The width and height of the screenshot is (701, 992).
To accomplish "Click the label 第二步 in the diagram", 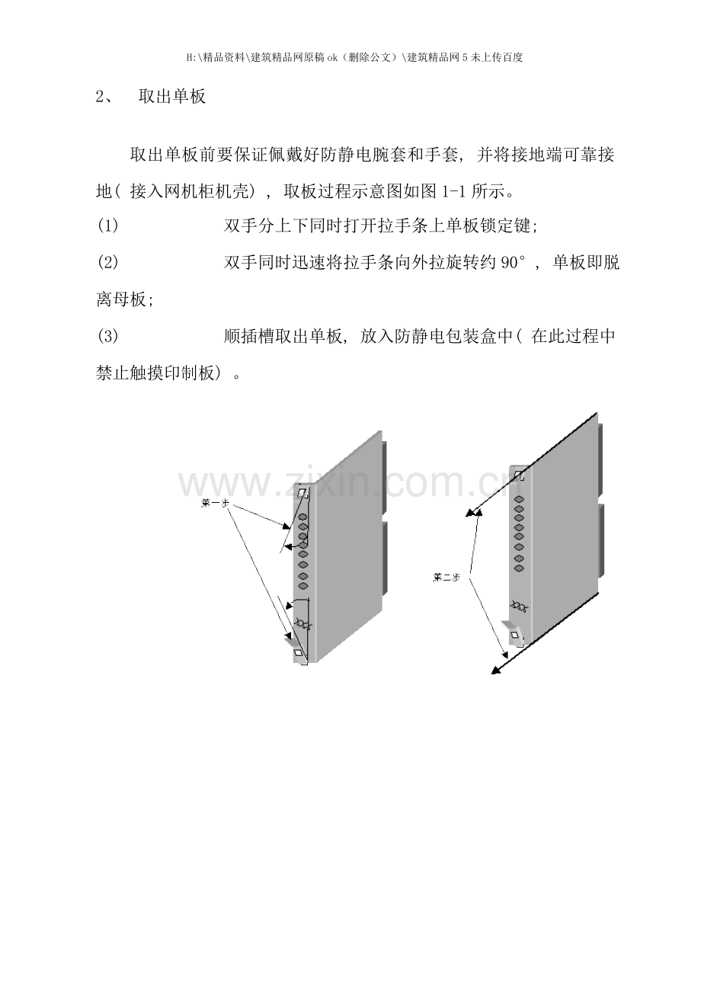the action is (x=447, y=577).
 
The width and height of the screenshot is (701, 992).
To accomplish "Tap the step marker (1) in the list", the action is (x=107, y=226).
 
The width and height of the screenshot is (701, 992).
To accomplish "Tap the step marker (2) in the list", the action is (x=107, y=263).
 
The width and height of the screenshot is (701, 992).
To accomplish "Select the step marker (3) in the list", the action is (x=107, y=337).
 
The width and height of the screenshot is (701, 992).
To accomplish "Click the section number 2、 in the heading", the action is (x=105, y=97).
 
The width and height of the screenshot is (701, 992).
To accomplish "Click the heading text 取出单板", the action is (x=172, y=97).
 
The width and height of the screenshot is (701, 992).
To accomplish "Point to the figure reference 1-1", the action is (x=455, y=192).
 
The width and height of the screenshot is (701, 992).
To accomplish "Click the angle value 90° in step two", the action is (x=513, y=263).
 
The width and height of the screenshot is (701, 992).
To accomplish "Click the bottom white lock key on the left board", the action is (x=298, y=653).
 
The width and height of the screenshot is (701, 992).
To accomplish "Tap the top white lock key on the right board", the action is (x=517, y=475).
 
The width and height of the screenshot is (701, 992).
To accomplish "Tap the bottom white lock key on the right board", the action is (x=514, y=635).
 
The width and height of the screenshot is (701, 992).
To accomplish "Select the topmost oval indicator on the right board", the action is (x=519, y=500).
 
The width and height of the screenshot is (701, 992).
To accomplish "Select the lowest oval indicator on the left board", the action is (x=303, y=586).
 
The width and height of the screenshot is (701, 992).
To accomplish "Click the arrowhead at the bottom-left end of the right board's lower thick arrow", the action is (x=496, y=670).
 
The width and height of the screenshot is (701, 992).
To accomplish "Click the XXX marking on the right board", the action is (x=517, y=605).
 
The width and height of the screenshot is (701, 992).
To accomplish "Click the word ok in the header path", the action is (x=332, y=57).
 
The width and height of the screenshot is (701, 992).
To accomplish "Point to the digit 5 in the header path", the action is (x=464, y=57).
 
